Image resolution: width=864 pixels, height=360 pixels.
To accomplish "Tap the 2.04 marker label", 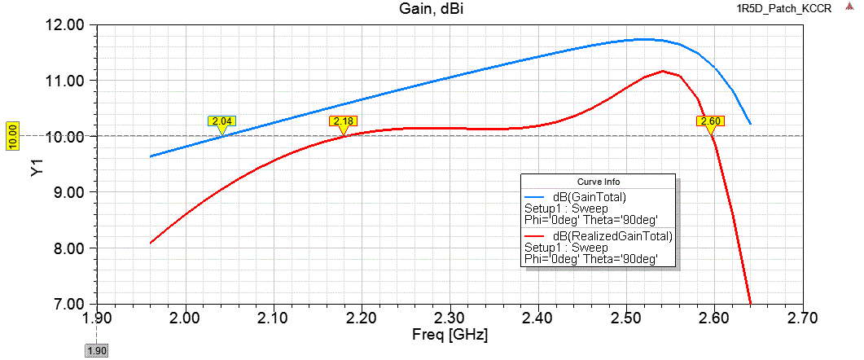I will tap(221, 121).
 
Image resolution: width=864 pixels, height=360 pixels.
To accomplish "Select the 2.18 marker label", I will tap(343, 121).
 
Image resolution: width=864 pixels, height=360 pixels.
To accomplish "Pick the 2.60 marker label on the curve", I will tap(710, 121).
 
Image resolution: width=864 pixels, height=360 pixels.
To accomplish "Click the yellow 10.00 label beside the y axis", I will tap(12, 136).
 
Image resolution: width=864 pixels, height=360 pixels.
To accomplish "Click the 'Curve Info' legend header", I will tap(598, 181).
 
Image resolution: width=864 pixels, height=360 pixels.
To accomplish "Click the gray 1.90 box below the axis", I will tap(97, 350).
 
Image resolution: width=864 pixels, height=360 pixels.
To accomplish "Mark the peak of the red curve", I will tap(662, 71).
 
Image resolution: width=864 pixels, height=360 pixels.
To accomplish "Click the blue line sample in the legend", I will tap(535, 196).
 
